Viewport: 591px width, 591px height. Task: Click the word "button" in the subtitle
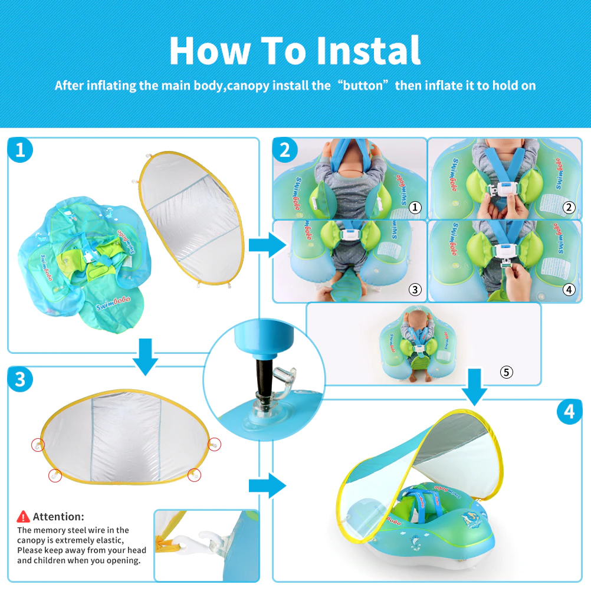point(365,86)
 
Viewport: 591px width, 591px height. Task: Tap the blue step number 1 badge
point(20,151)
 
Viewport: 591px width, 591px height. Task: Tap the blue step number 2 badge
point(285,151)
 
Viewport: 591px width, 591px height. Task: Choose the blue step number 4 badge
point(569,412)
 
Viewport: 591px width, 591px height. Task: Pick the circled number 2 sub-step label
point(569,207)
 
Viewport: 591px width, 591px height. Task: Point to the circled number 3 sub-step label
point(415,289)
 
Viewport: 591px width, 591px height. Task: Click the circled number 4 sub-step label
point(569,289)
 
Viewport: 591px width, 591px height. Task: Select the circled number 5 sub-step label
point(506,372)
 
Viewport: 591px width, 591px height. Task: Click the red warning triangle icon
point(24,517)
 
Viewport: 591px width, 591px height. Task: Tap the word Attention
point(58,517)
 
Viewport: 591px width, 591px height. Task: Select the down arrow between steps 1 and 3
point(145,356)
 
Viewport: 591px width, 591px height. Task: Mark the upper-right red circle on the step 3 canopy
point(215,445)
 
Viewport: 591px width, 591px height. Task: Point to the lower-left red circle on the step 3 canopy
point(55,475)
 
